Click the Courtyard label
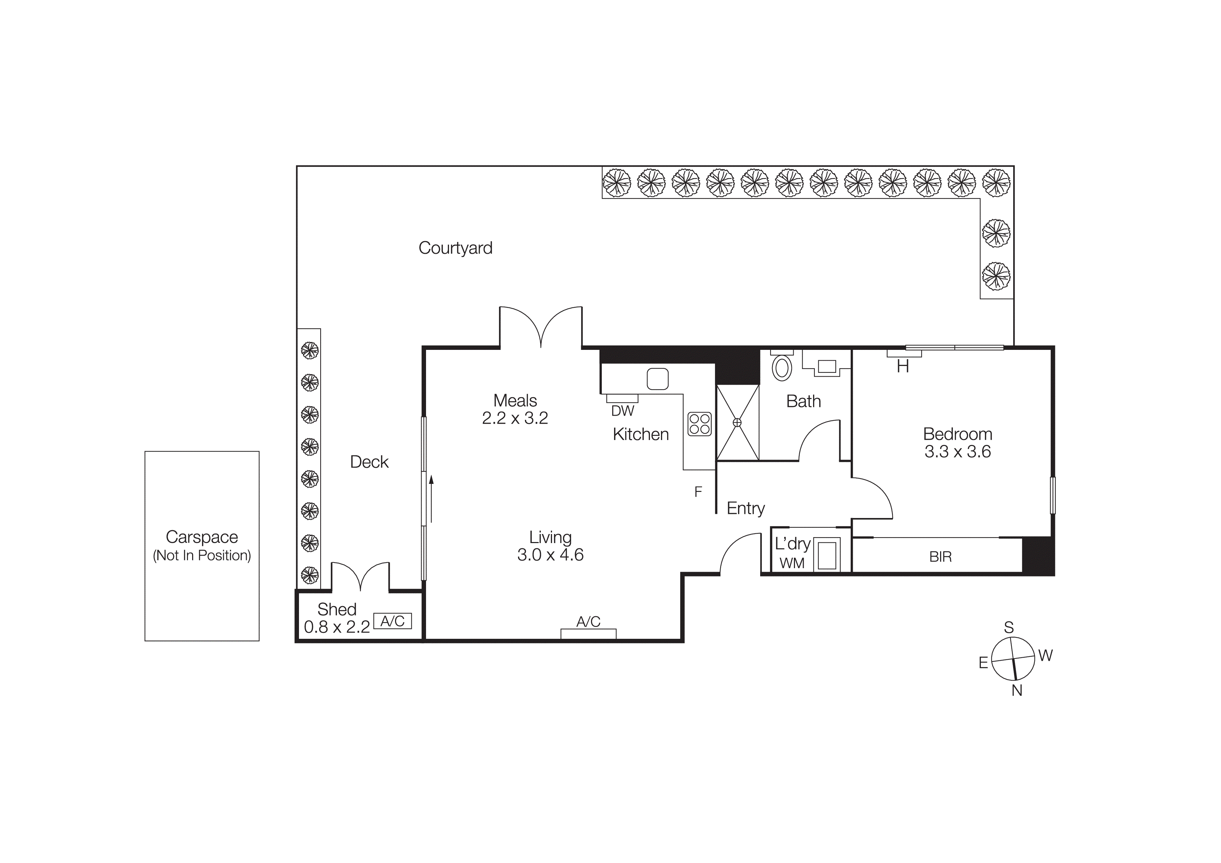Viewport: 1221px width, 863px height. (455, 248)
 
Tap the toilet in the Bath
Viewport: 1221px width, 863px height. (782, 367)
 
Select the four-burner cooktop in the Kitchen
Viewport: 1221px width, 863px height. (699, 424)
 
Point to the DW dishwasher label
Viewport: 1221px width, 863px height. (622, 411)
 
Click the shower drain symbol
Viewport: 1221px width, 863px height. (737, 423)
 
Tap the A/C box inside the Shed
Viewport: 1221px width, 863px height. (393, 621)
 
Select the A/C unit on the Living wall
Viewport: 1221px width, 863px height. (588, 633)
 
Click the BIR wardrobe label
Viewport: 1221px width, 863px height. (940, 557)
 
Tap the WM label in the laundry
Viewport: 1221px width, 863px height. (792, 563)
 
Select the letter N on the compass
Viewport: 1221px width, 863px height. (1017, 691)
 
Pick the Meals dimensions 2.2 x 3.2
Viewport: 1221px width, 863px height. (515, 418)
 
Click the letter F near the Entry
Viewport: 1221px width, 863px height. (698, 492)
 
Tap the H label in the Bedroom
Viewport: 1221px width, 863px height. (903, 366)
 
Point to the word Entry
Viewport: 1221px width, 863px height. (746, 508)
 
